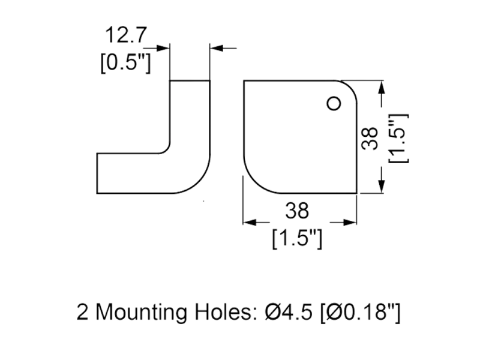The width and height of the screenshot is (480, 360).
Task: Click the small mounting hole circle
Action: (334, 104)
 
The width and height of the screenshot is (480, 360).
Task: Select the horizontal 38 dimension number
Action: (298, 211)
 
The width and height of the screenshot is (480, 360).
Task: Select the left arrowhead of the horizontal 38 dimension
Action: (248, 223)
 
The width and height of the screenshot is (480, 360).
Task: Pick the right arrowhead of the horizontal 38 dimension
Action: (352, 223)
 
